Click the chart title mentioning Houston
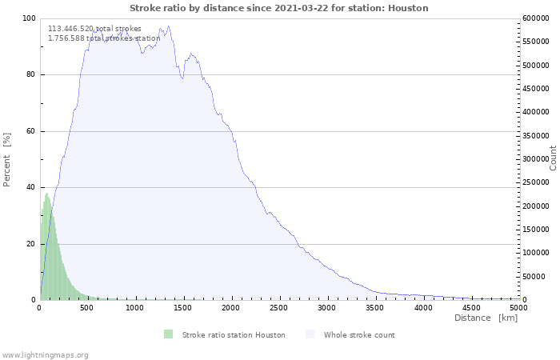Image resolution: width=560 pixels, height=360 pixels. (279, 8)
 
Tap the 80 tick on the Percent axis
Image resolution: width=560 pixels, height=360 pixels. (30, 75)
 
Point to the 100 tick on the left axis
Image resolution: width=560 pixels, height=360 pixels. (28, 18)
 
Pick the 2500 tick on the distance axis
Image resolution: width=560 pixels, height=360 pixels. (327, 308)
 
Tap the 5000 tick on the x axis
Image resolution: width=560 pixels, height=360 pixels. (518, 308)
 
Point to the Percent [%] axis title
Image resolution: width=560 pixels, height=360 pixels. (7, 159)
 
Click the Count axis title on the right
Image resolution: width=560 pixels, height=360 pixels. (553, 158)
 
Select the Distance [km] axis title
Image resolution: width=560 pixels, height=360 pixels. (486, 318)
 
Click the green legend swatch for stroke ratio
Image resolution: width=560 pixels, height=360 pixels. (168, 334)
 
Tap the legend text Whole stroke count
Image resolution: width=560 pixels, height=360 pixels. (359, 334)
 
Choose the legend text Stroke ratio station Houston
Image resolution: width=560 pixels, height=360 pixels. (234, 334)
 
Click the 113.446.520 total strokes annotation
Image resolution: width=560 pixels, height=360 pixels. (94, 29)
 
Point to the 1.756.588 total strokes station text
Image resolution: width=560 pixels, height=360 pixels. (104, 38)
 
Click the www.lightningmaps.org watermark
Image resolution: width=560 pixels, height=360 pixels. (45, 354)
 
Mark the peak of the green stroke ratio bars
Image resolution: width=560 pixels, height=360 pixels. (47, 194)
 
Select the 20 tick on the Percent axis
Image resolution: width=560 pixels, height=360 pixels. (30, 244)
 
